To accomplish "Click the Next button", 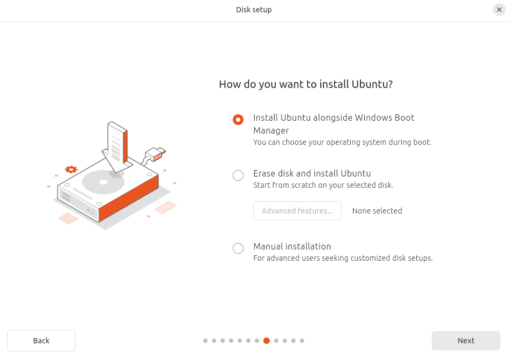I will pyautogui.click(x=466, y=341).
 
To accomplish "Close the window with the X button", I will pyautogui.click(x=499, y=10).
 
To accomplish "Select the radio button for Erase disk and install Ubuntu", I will pyautogui.click(x=238, y=175).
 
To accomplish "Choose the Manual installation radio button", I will pyautogui.click(x=238, y=248).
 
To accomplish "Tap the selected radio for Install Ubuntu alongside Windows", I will pyautogui.click(x=238, y=120).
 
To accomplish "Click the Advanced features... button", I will pyautogui.click(x=297, y=211).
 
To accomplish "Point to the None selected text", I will pyautogui.click(x=377, y=211).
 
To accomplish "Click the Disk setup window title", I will pyautogui.click(x=254, y=10).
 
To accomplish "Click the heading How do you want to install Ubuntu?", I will pyautogui.click(x=306, y=84).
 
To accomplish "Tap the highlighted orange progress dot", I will pyautogui.click(x=267, y=341).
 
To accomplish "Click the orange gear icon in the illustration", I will pyautogui.click(x=71, y=170).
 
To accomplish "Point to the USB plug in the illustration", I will pyautogui.click(x=156, y=154).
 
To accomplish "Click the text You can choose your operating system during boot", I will pyautogui.click(x=342, y=143).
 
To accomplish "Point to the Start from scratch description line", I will pyautogui.click(x=323, y=186).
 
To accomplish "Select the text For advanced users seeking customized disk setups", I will pyautogui.click(x=343, y=258).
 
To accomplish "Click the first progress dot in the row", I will pyautogui.click(x=205, y=341).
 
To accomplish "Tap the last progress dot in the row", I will pyautogui.click(x=302, y=341).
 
